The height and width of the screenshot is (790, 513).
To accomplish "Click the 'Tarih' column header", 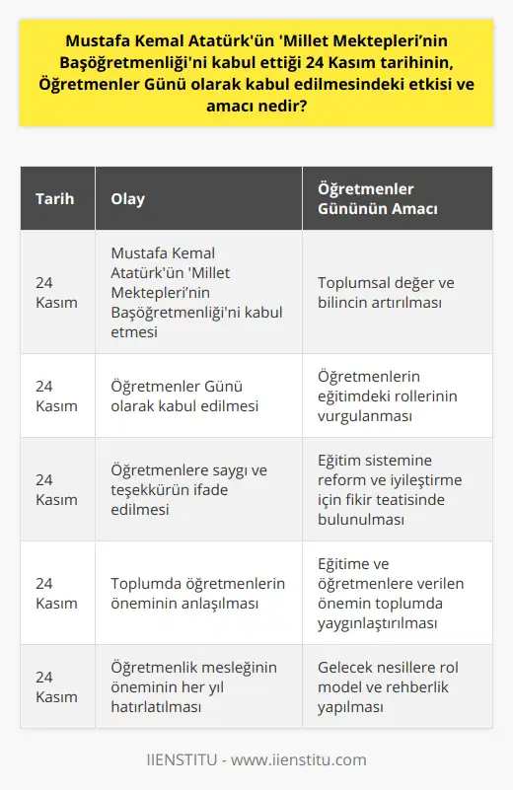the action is (53, 198).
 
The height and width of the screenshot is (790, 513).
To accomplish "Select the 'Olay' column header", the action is (127, 198).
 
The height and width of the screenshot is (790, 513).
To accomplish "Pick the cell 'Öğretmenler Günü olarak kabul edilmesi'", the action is (180, 395).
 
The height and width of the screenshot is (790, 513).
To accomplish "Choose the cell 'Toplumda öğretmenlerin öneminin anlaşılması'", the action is (196, 594).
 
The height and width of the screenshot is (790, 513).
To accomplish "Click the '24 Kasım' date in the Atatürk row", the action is (56, 293).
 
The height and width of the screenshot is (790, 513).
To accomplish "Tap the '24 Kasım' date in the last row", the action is (56, 687).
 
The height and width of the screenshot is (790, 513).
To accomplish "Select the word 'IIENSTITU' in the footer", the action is (183, 759).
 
